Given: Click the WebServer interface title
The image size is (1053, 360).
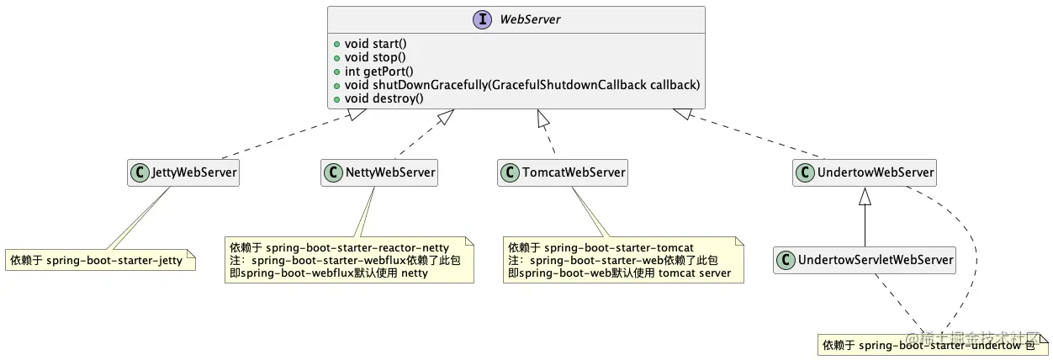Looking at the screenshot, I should click(530, 19).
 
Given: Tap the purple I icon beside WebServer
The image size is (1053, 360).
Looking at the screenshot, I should click(483, 19).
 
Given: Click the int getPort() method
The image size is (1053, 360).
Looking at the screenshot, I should click(378, 71).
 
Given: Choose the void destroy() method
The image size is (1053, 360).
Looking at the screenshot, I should click(384, 98).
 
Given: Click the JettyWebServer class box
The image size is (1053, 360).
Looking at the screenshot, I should click(184, 172).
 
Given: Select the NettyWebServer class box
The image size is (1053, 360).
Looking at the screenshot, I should click(380, 172).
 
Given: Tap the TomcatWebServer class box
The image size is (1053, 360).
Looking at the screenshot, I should click(564, 172).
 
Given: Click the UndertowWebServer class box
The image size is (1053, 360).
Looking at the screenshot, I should click(865, 172).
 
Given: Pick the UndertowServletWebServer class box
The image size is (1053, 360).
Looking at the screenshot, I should click(865, 260).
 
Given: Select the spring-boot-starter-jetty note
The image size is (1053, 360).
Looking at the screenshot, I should click(100, 261).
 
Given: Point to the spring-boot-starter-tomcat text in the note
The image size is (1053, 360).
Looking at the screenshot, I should click(618, 247).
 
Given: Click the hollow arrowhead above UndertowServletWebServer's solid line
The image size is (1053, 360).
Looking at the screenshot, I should click(865, 196).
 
